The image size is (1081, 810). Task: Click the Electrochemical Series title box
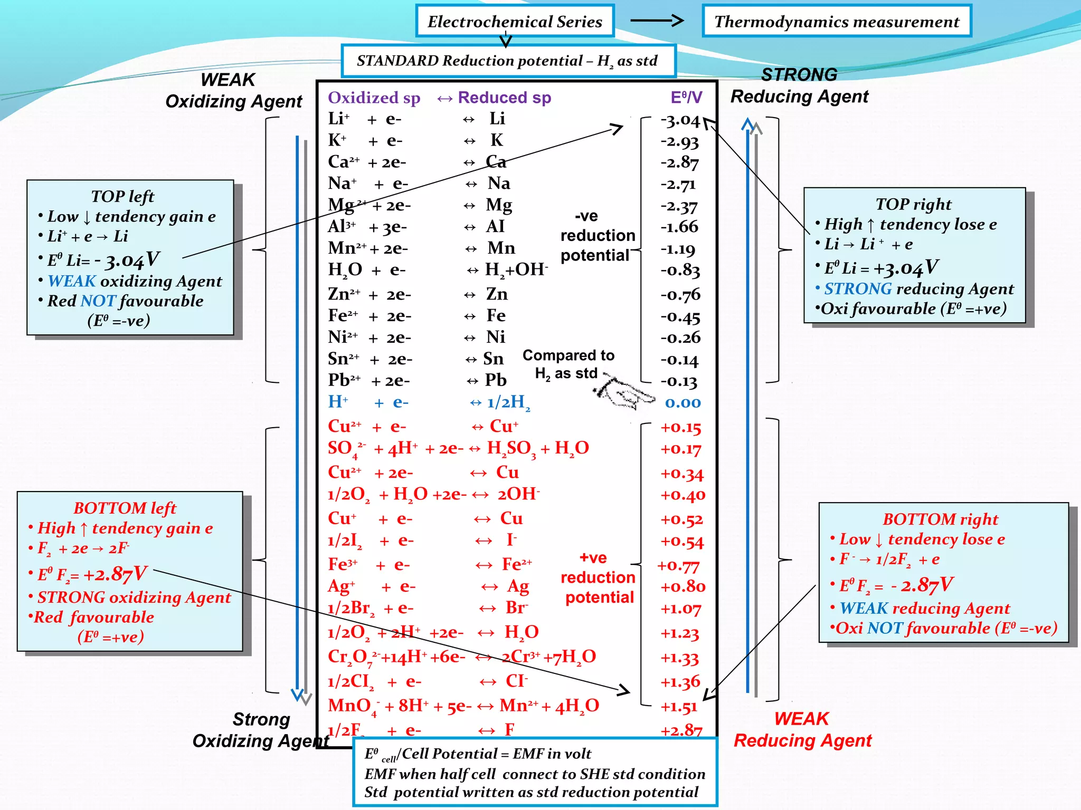click(x=515, y=22)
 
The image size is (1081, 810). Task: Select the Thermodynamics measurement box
click(x=837, y=22)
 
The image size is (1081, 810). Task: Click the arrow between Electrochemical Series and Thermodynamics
click(x=657, y=21)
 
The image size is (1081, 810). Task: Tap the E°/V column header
click(x=686, y=98)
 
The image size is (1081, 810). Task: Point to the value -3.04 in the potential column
click(x=680, y=121)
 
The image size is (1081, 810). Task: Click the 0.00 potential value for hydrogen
click(x=682, y=403)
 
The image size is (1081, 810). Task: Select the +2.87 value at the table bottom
click(x=681, y=730)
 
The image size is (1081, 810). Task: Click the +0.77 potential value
click(x=679, y=566)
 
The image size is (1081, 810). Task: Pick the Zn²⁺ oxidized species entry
click(x=344, y=294)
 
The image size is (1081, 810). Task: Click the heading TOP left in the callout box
click(x=122, y=196)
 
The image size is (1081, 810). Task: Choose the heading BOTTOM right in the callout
click(x=940, y=519)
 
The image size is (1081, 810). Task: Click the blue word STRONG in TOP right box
click(x=858, y=288)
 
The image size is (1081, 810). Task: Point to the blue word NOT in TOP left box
click(x=98, y=301)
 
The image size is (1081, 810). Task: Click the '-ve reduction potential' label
click(x=597, y=236)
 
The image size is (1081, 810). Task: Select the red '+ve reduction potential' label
click(x=598, y=577)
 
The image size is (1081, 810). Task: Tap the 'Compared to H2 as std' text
click(x=568, y=364)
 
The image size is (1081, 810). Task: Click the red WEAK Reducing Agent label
click(x=802, y=729)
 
